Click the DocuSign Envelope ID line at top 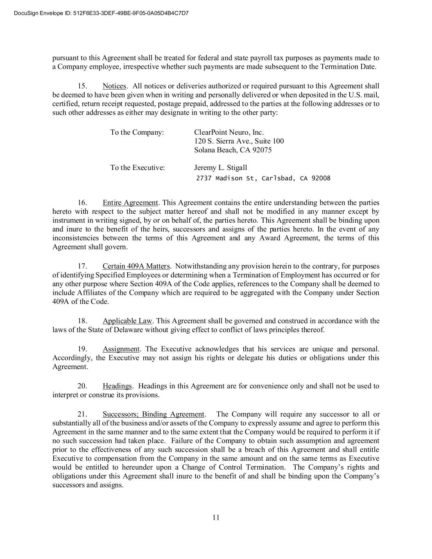coord(101,13)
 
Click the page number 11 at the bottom coord(216,517)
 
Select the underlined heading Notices coord(114,86)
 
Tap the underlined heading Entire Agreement coord(130,203)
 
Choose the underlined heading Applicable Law coord(127,321)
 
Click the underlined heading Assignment coord(121,349)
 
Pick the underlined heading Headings coord(117,386)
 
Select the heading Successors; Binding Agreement coord(153,414)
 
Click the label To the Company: coord(137,132)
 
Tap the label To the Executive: coord(137,167)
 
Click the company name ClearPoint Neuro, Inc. coord(229,132)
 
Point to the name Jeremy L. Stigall coord(220,167)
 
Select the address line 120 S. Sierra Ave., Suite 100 coord(239,141)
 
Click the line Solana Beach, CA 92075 coord(233,150)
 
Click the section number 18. coord(82,321)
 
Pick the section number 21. coord(82,414)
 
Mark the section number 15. coord(82,86)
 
